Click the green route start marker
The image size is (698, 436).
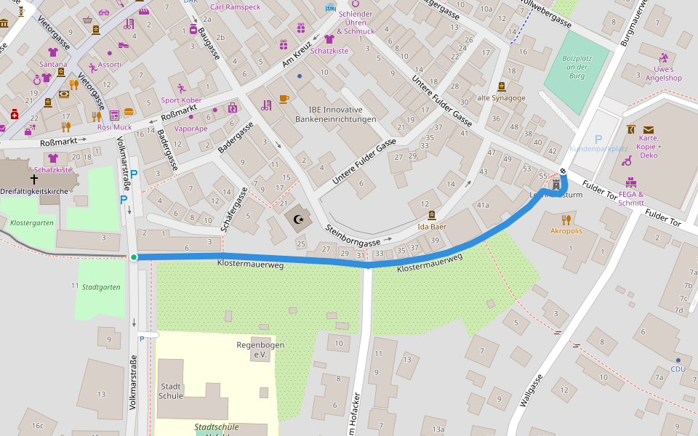coord(134,257)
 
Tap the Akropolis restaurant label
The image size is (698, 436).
coord(566,231)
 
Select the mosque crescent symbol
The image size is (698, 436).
coord(297,219)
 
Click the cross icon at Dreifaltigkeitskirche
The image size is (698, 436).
coord(34,179)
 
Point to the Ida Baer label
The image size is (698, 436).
coord(432,227)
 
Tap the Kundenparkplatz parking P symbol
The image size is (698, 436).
coord(598,139)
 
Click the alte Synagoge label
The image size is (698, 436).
coord(501,97)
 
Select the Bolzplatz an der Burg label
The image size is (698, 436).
coord(577,66)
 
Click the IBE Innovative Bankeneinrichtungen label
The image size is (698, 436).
coord(335,114)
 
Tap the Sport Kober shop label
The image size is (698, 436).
coord(181,100)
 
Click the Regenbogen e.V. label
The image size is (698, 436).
coord(260,350)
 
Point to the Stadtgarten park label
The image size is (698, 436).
coord(101,287)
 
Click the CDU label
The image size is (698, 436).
coord(678,369)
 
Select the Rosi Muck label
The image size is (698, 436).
coord(114,127)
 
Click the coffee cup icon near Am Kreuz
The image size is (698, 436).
coord(284,98)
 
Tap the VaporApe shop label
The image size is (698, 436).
coord(191,129)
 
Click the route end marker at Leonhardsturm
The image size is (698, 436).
coord(563,171)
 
